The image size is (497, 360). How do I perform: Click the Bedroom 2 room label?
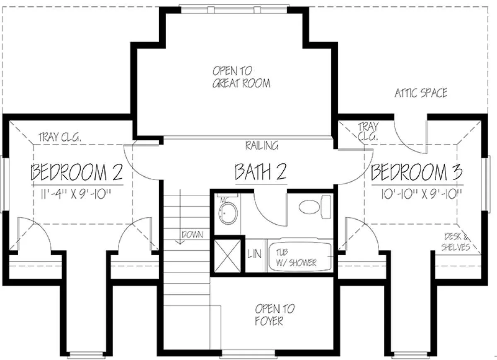(77, 172)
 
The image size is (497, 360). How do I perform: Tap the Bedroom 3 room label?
(417, 172)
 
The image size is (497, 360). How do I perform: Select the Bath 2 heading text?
(261, 172)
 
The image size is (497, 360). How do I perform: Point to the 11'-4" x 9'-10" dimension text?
(76, 194)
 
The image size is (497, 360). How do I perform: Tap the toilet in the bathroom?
(315, 207)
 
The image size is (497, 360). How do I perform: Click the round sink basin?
(228, 213)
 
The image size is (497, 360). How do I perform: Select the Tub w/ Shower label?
(296, 257)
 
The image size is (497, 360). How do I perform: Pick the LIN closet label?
(254, 254)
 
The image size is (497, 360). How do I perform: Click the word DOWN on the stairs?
(192, 235)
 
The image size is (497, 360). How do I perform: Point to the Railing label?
(262, 145)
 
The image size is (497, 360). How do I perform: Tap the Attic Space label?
(421, 93)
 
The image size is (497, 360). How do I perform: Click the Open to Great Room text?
(241, 77)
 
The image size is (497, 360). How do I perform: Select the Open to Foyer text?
(275, 315)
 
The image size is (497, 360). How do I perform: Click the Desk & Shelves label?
(456, 242)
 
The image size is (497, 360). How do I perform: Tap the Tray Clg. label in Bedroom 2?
(60, 137)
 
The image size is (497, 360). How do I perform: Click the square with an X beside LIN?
(227, 256)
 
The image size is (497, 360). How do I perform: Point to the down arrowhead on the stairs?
(180, 242)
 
